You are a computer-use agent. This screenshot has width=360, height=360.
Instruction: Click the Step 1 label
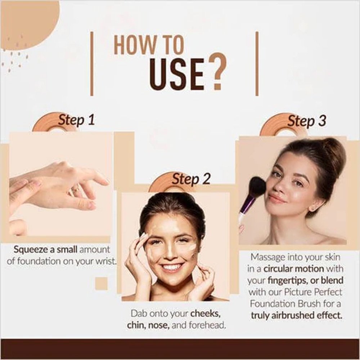76,120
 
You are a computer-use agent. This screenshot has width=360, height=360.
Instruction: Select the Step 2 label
191,179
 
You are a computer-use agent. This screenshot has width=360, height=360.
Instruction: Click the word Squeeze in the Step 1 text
31,249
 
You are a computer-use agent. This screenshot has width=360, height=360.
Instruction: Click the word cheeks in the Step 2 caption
204,314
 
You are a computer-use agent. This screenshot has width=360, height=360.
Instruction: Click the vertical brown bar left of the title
92,64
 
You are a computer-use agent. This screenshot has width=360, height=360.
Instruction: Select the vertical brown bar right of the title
257,64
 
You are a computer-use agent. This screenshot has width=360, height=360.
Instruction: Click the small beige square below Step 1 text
101,283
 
